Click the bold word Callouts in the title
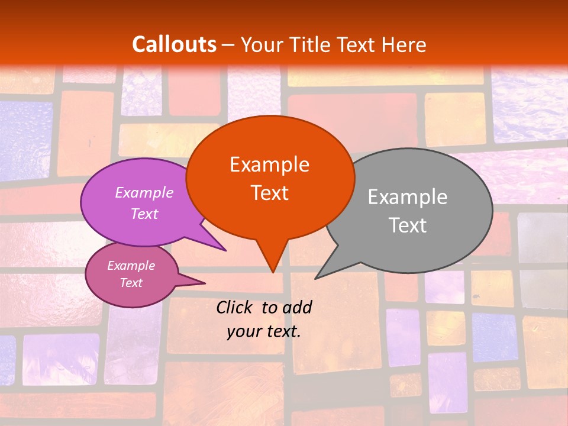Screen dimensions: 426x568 pos(174,44)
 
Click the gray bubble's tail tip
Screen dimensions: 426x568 pos(317,277)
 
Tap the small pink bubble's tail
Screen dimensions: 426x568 pos(198,282)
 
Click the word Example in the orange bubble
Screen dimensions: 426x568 pos(269,164)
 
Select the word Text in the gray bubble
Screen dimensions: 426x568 pos(408,225)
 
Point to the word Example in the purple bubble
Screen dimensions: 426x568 pos(144,192)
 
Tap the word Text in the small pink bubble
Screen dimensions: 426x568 pos(131,283)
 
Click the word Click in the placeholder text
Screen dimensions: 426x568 pos(235,307)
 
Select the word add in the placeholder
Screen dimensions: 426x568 pos(296,307)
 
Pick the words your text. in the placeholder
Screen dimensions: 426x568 pos(264,331)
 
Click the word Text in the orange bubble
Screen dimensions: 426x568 pos(269,193)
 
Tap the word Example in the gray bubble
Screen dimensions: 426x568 pos(408,197)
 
